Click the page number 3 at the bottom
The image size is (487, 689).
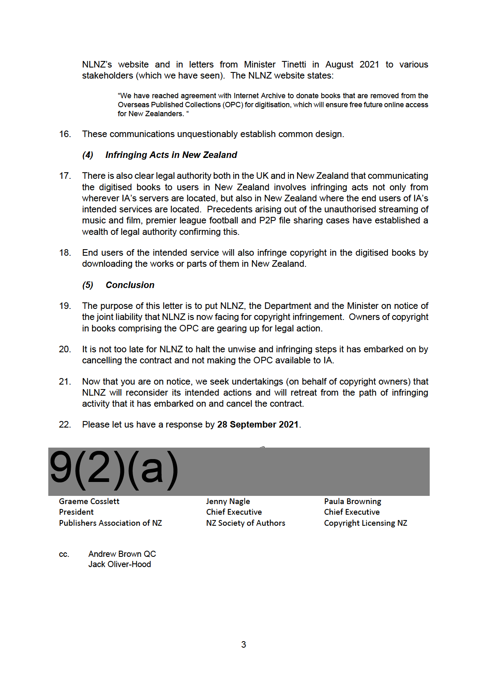[243, 645]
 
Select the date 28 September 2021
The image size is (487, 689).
[258, 425]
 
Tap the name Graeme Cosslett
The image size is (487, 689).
[89, 502]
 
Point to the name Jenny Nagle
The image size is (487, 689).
[228, 502]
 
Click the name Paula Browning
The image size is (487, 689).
[352, 502]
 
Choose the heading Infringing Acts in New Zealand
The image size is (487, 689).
[171, 155]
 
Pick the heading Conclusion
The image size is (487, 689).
[130, 285]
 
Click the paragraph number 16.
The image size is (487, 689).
[65, 134]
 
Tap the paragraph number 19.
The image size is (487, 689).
[65, 306]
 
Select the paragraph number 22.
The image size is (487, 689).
[65, 425]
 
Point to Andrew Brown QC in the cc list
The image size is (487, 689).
[122, 554]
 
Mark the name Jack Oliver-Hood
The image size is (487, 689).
[119, 564]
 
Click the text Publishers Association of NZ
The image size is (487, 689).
[110, 523]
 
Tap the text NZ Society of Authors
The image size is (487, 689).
[246, 523]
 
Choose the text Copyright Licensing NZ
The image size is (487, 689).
[365, 523]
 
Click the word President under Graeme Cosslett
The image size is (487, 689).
[76, 512]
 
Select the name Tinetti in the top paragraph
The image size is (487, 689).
[293, 65]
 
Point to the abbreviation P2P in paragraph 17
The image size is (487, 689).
[267, 221]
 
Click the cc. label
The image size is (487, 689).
[64, 554]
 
